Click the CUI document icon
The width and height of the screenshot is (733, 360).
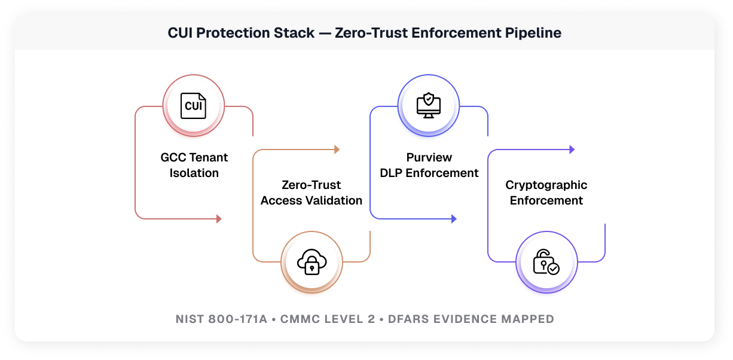pyautogui.click(x=194, y=106)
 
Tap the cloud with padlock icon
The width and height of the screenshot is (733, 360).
pyautogui.click(x=311, y=261)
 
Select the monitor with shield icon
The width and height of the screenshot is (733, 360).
pyautogui.click(x=429, y=106)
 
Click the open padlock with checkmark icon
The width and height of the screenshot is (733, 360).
pyautogui.click(x=546, y=261)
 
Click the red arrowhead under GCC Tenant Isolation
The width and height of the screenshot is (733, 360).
pyautogui.click(x=219, y=219)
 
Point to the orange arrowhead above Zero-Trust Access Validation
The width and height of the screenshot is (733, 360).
pyautogui.click(x=337, y=150)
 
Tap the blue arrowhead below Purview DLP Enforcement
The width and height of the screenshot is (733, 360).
pyautogui.click(x=454, y=219)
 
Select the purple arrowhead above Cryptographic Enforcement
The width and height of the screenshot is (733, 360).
pyautogui.click(x=572, y=150)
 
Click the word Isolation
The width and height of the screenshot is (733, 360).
pyautogui.click(x=194, y=173)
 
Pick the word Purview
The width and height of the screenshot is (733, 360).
pyautogui.click(x=429, y=158)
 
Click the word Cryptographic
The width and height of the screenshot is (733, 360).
pyautogui.click(x=546, y=185)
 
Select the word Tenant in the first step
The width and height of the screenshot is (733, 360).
pyautogui.click(x=209, y=158)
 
